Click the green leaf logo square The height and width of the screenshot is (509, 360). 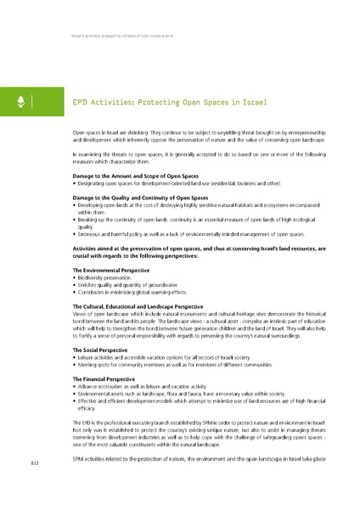[x=16, y=103]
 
